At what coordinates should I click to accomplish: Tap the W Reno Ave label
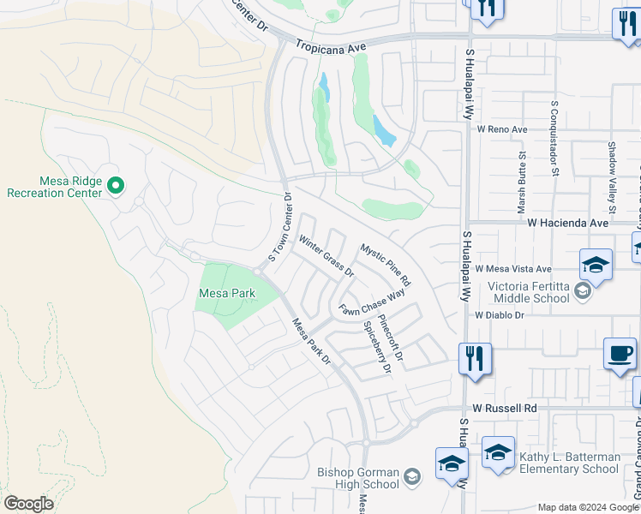[503, 128]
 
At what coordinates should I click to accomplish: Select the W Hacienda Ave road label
[567, 222]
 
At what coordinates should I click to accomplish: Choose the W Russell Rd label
[500, 409]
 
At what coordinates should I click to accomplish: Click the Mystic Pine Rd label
[385, 265]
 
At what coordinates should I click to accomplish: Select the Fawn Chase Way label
[371, 302]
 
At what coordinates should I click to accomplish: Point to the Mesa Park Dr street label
[312, 342]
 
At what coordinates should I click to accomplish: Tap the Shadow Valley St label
[612, 177]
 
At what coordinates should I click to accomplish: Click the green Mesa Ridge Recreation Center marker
[117, 184]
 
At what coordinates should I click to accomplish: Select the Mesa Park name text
[226, 293]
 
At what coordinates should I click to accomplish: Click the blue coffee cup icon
[620, 354]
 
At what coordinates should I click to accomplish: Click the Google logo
[28, 504]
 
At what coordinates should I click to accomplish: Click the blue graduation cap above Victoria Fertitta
[596, 264]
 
